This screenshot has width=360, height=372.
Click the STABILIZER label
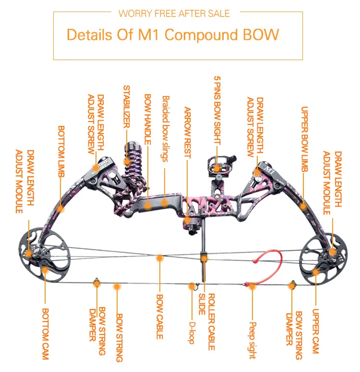tap(127, 107)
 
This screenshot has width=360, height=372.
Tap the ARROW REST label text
tap(188, 133)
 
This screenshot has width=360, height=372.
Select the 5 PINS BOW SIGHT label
tap(217, 111)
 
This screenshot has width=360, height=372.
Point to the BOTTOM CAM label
tap(45, 334)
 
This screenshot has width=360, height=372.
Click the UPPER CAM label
tap(315, 331)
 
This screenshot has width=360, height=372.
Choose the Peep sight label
tap(252, 340)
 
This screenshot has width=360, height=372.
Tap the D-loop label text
tap(192, 333)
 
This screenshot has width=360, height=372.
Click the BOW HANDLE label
tap(148, 119)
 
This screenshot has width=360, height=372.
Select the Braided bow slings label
tap(166, 129)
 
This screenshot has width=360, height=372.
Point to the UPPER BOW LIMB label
tap(304, 139)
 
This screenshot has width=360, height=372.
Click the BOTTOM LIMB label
tap(61, 151)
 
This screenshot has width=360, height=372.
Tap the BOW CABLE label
tap(159, 317)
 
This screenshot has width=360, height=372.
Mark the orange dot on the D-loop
tap(192, 286)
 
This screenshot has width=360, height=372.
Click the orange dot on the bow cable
tap(160, 258)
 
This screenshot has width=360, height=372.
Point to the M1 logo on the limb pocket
tap(269, 170)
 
